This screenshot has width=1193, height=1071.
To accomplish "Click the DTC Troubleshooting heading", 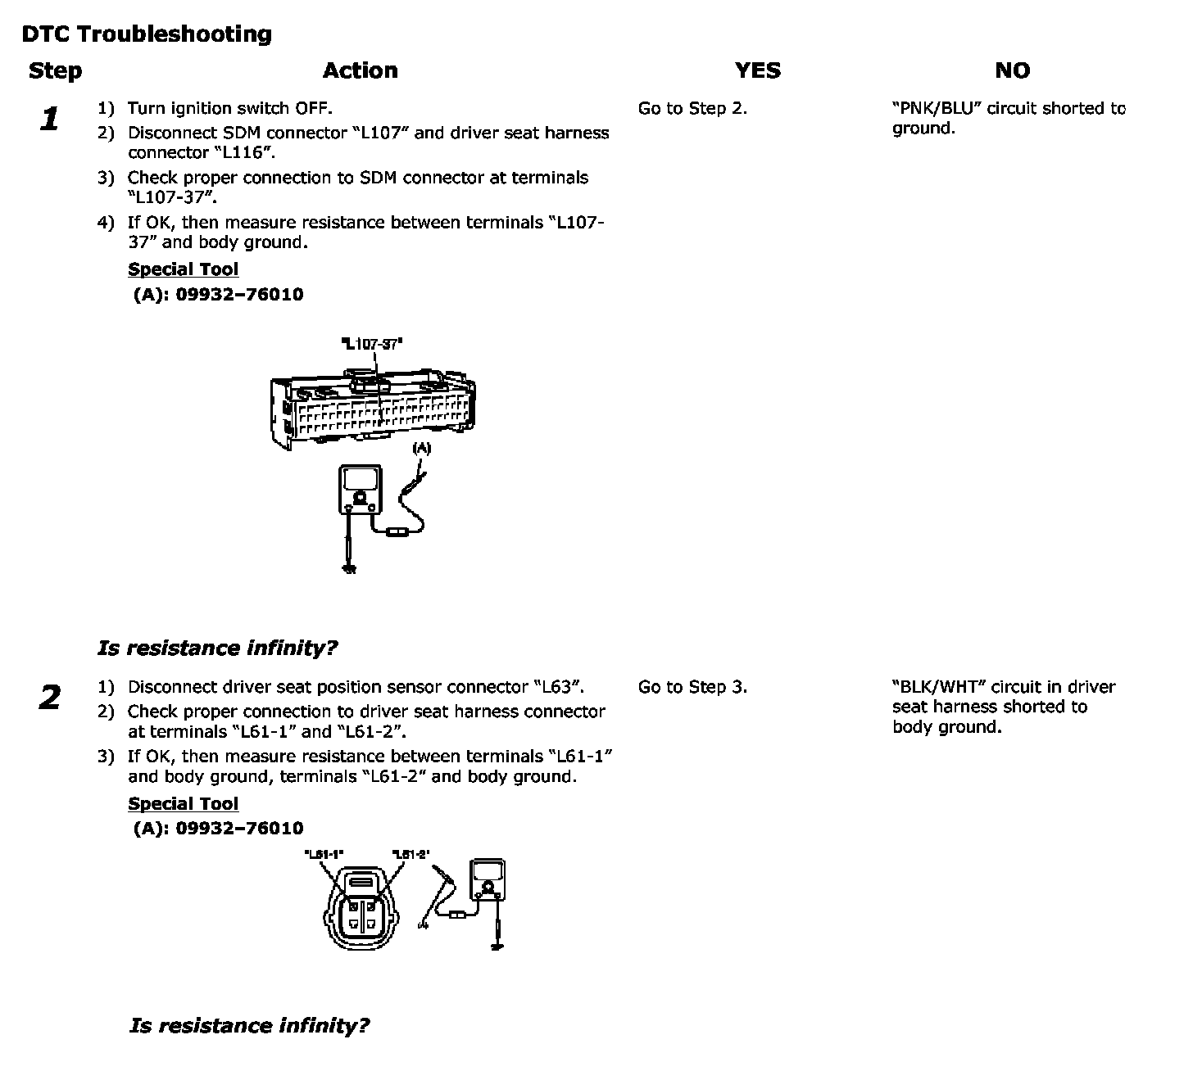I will point(147,34).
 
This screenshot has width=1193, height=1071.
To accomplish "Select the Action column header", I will point(360,70).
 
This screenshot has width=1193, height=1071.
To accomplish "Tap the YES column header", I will point(757,70).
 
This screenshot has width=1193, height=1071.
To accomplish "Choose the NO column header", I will point(1012,70).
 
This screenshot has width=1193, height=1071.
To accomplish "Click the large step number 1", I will point(50,120).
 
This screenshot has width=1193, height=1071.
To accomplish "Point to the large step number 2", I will point(50,698).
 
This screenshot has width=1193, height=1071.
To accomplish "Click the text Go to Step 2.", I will point(692,109).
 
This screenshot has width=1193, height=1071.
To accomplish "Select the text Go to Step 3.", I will point(692,688).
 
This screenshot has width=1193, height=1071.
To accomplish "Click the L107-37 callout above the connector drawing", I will point(372,344).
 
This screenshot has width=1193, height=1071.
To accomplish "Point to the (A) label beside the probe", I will point(421,448).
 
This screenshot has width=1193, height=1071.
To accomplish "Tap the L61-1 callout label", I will point(324,854).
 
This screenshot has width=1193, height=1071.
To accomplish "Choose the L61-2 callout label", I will point(411,854).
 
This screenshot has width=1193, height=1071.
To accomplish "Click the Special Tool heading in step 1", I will point(184,270).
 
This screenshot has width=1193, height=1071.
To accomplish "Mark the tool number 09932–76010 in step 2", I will point(239,829).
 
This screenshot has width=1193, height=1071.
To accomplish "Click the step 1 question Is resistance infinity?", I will point(217,648).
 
